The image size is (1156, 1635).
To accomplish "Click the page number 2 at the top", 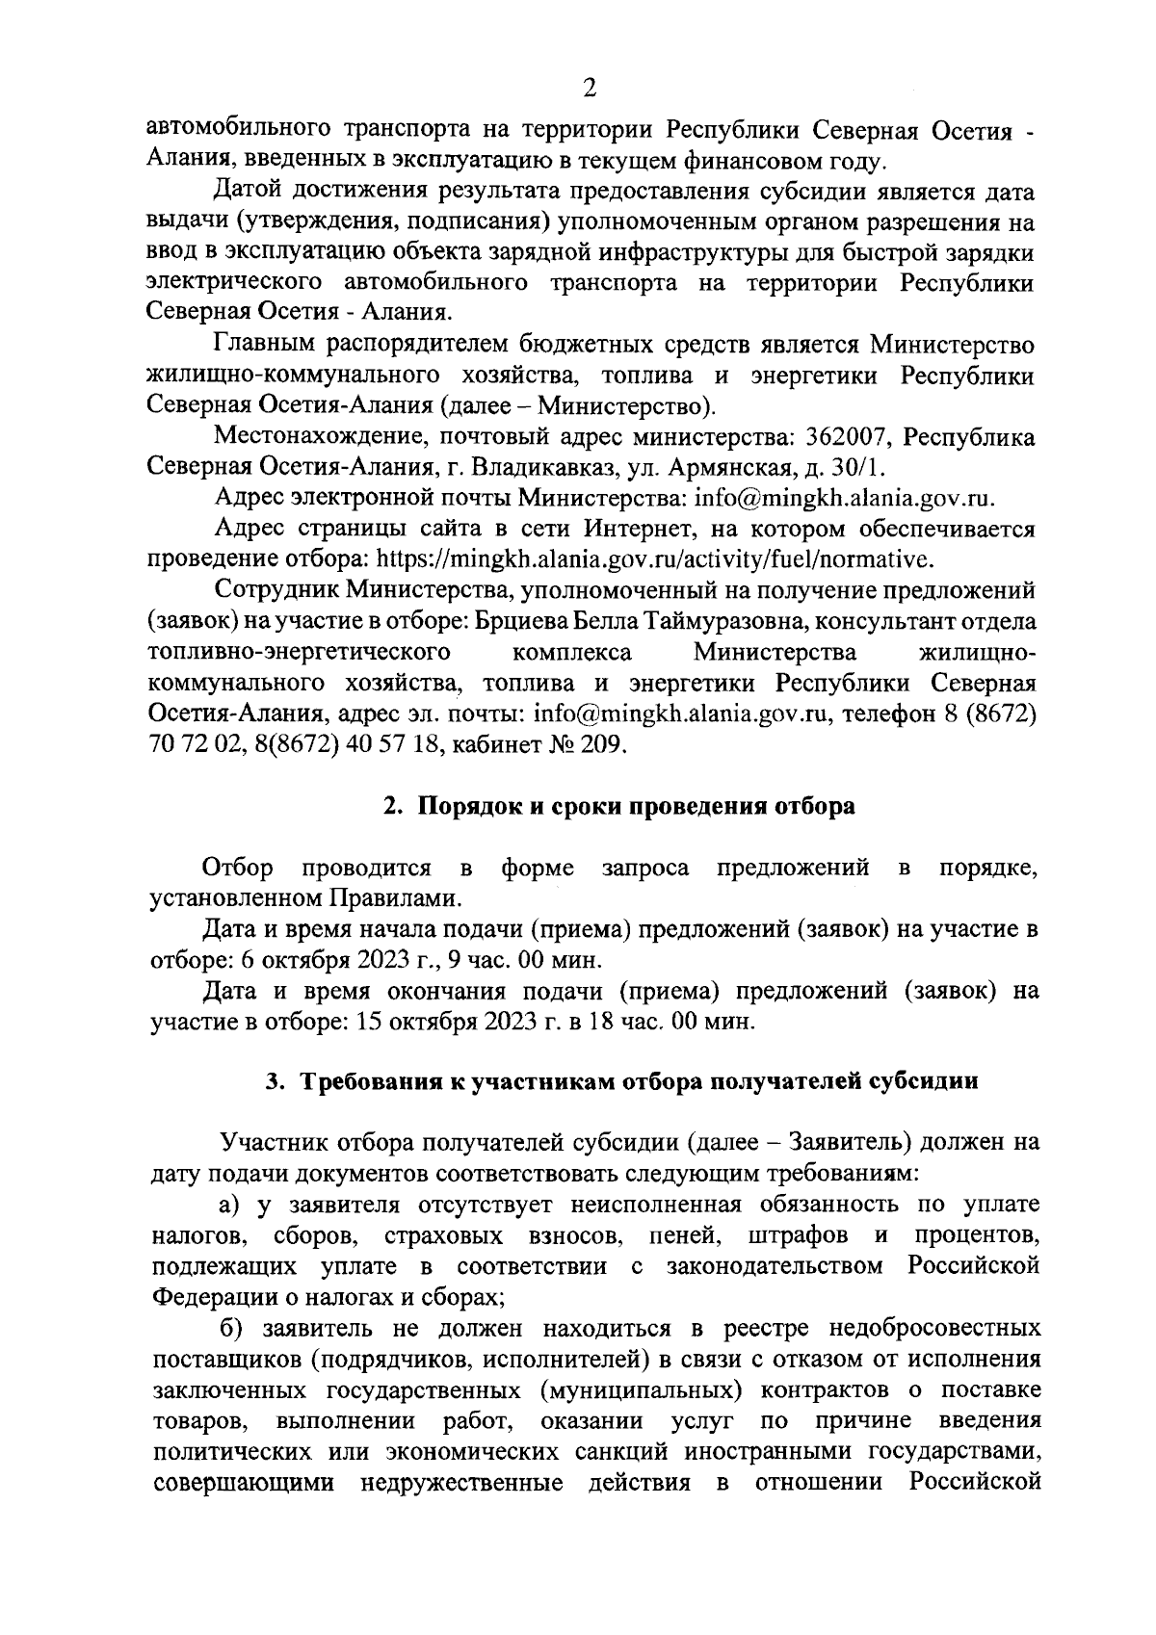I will [590, 89].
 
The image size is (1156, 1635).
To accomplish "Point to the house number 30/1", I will [855, 468].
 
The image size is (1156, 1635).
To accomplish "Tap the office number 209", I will [606, 744].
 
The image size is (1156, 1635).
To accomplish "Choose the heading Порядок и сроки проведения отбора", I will [636, 806].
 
